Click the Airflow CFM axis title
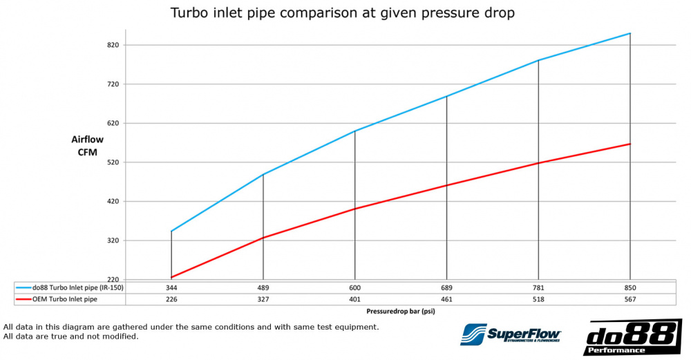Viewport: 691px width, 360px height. [x=87, y=146]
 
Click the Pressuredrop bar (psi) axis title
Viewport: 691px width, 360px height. [x=401, y=312]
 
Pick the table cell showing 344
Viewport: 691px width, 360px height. [x=171, y=287]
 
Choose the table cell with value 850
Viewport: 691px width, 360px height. [x=630, y=287]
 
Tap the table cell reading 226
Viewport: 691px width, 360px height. [x=171, y=299]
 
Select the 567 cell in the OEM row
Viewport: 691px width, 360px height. [x=630, y=299]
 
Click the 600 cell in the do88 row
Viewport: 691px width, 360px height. [x=354, y=287]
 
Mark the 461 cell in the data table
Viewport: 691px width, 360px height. [x=446, y=299]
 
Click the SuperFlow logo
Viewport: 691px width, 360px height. [x=511, y=334]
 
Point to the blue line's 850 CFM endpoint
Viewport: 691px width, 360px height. [x=630, y=33]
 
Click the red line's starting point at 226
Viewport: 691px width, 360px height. [x=171, y=277]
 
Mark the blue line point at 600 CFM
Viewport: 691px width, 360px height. [x=354, y=131]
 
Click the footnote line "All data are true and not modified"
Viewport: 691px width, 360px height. [x=71, y=337]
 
